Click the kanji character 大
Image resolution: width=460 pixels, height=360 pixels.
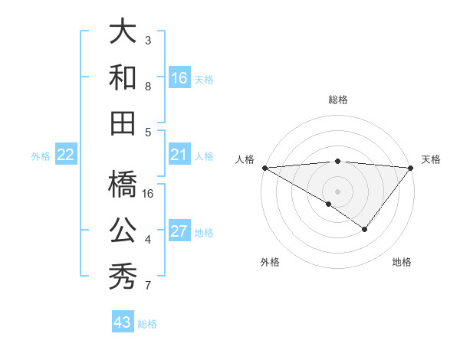point(123,31)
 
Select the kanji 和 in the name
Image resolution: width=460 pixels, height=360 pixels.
point(123,77)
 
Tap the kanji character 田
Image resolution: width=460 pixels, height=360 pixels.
point(123,123)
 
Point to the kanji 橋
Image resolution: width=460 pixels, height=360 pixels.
point(123,184)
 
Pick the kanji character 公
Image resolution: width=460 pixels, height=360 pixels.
point(123,230)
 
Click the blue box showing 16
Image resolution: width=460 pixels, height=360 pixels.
point(179,78)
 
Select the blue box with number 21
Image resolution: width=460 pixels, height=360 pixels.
point(179,155)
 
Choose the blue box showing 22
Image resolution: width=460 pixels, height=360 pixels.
point(66,155)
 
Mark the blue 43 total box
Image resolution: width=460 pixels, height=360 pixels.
point(123,322)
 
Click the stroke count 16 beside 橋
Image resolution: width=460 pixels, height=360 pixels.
point(149,194)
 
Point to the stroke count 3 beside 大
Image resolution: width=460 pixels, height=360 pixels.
point(148,40)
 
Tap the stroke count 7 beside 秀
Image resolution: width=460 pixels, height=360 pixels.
point(148,286)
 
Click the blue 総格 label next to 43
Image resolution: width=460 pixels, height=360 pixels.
point(147,324)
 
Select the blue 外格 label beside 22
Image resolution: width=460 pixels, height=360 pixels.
point(41,156)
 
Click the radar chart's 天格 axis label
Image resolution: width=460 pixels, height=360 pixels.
point(431,159)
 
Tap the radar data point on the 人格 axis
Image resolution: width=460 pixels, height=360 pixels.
point(264,168)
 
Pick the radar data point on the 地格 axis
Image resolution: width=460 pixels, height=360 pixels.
point(365,229)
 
